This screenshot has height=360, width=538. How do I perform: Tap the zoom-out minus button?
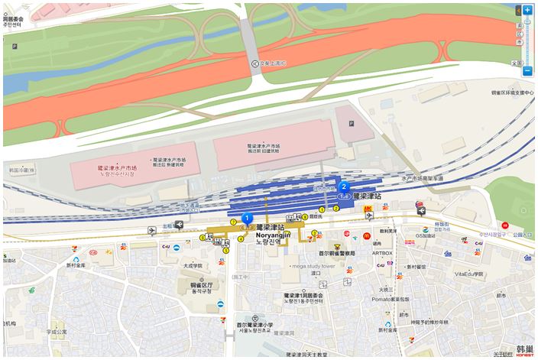point(527,71)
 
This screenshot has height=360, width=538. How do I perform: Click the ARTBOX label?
point(382,253)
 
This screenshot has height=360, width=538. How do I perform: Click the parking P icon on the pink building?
point(351,122)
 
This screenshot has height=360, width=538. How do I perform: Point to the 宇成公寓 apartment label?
point(57,332)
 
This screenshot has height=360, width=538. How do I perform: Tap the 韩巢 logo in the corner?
point(524,350)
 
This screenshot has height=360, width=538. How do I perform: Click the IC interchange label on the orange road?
point(268,63)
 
